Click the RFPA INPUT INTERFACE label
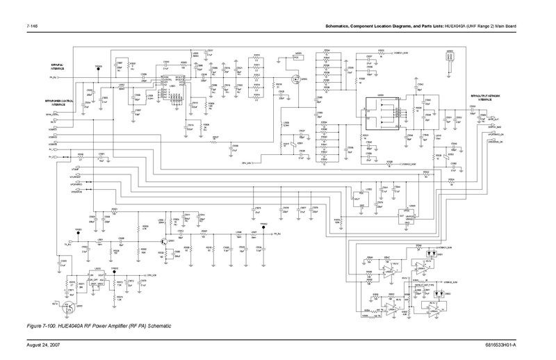pyautogui.click(x=58, y=66)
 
